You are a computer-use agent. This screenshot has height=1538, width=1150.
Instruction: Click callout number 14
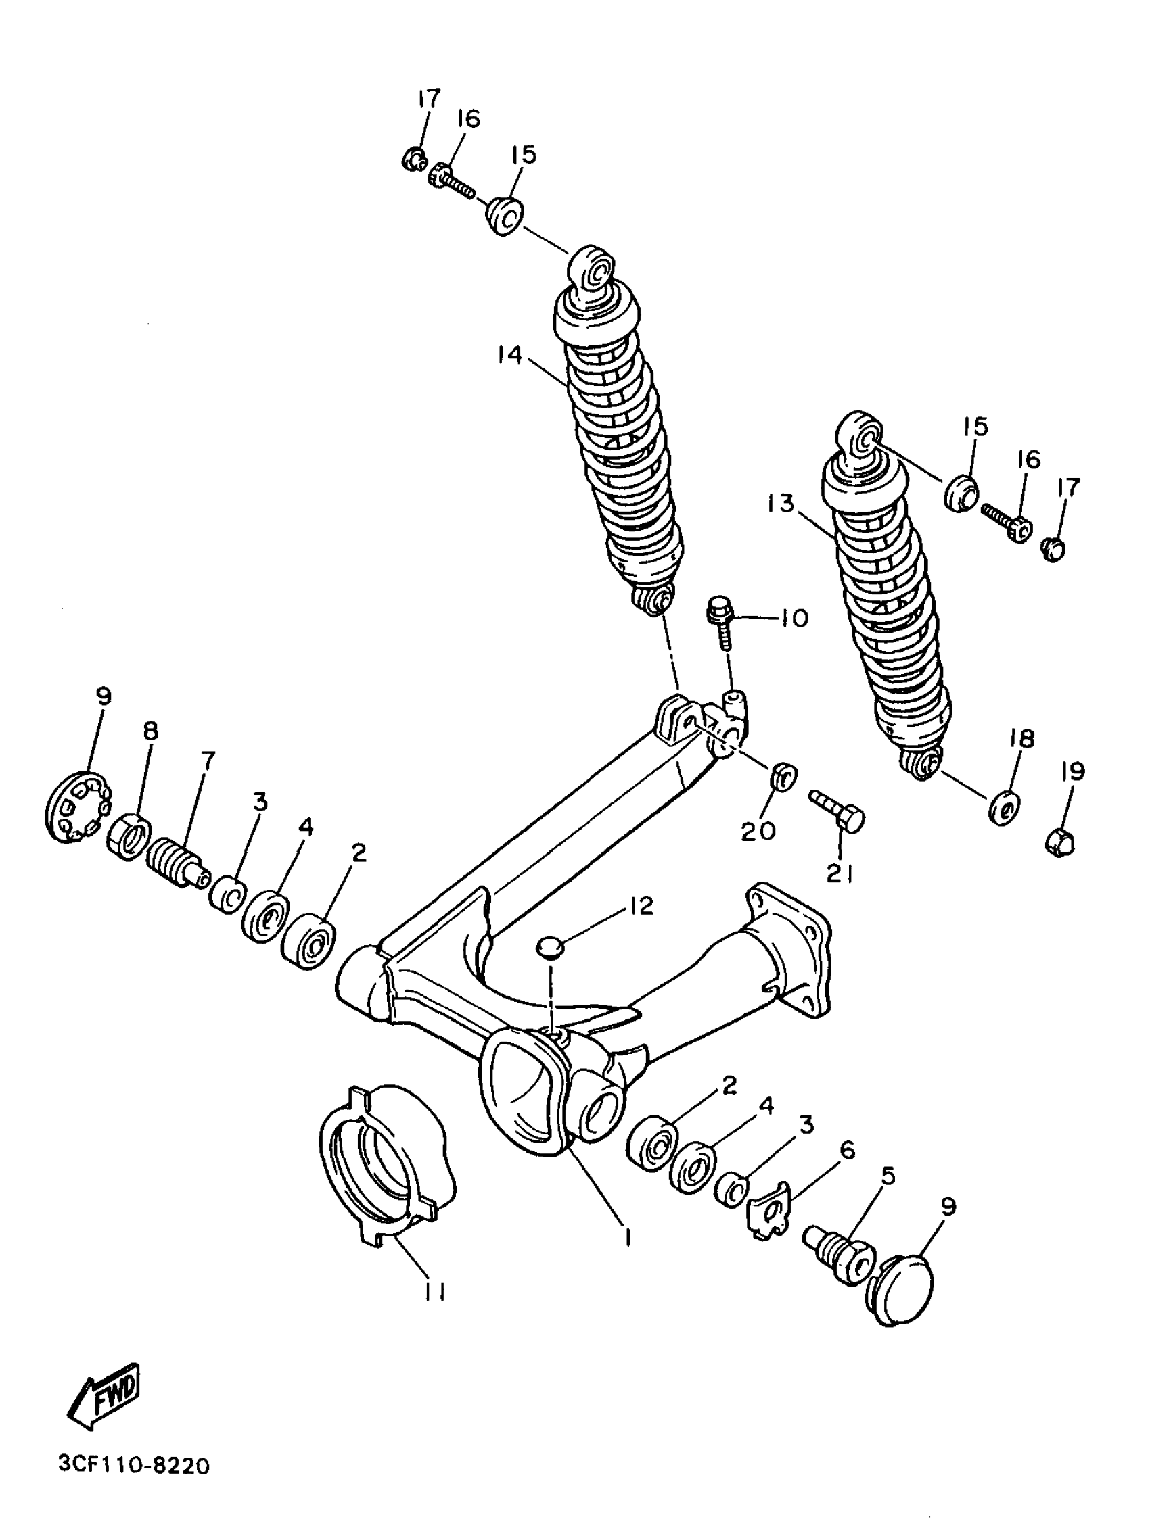point(509,355)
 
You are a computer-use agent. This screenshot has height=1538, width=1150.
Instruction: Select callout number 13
point(781,504)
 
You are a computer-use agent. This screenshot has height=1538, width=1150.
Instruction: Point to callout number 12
point(641,905)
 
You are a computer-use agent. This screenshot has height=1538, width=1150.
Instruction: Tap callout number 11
point(435,1291)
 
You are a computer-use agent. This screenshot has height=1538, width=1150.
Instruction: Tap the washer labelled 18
point(1003,807)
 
